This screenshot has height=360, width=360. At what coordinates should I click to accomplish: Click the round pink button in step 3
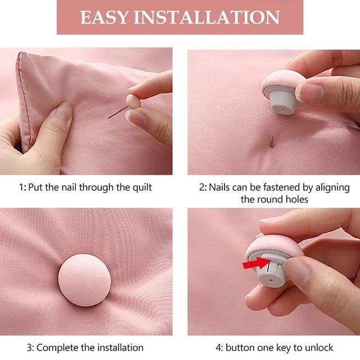point(84,279)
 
